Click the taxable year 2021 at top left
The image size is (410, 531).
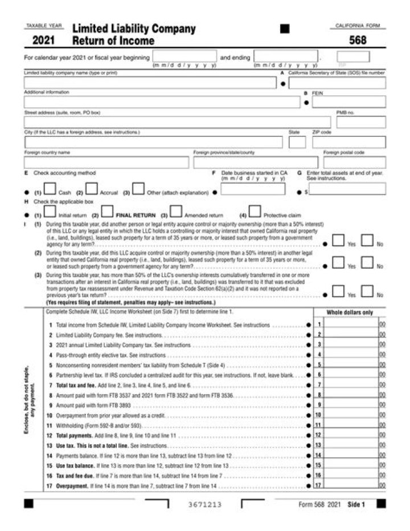(43, 40)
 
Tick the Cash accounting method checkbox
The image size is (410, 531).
(50, 188)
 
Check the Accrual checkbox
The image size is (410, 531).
(92, 188)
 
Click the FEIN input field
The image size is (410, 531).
(348, 102)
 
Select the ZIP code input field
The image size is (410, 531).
(348, 142)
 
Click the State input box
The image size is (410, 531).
(297, 142)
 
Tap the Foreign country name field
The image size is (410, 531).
(106, 163)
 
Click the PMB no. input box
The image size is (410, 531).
(360, 122)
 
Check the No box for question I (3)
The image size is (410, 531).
(367, 291)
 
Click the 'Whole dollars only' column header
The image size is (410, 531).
(349, 312)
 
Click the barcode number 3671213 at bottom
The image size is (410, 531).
(204, 505)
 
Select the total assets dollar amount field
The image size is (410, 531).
(348, 189)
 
